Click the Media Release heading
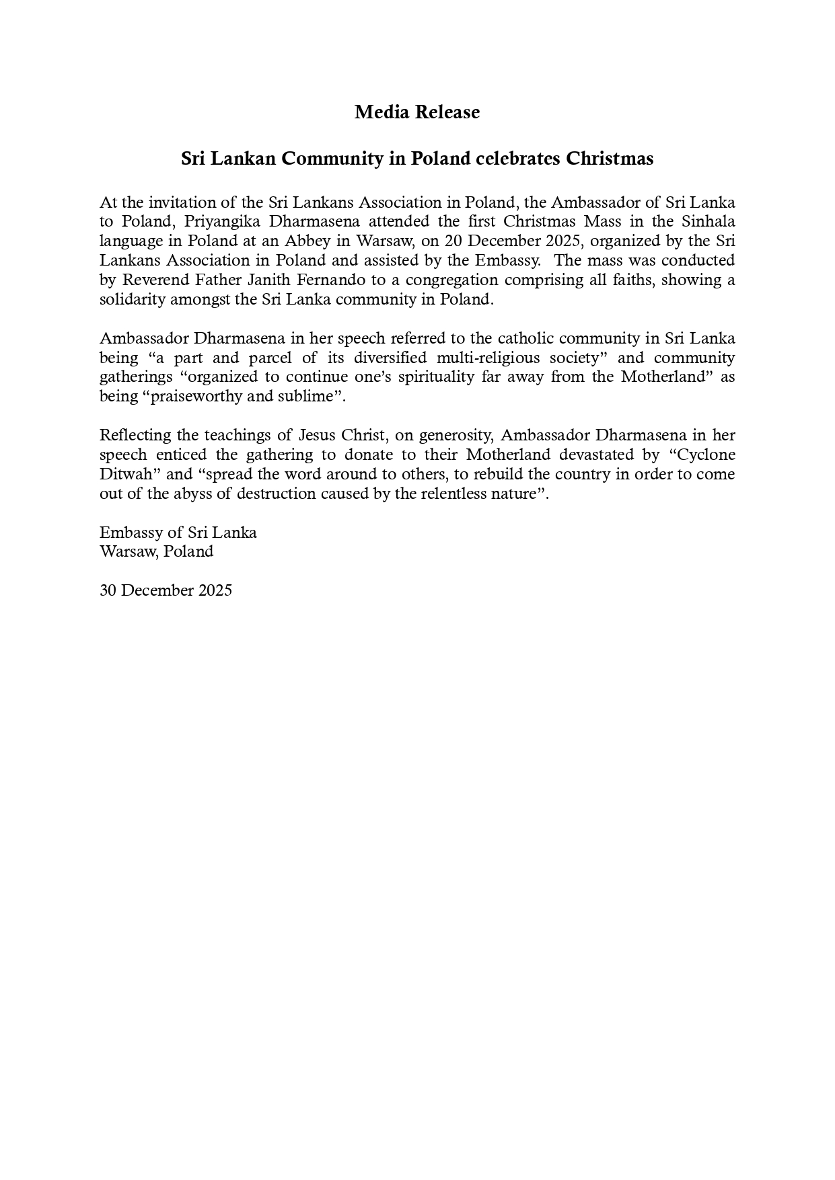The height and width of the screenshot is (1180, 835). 417,112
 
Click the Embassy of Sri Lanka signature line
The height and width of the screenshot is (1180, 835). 178,533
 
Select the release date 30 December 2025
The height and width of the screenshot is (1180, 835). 166,591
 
